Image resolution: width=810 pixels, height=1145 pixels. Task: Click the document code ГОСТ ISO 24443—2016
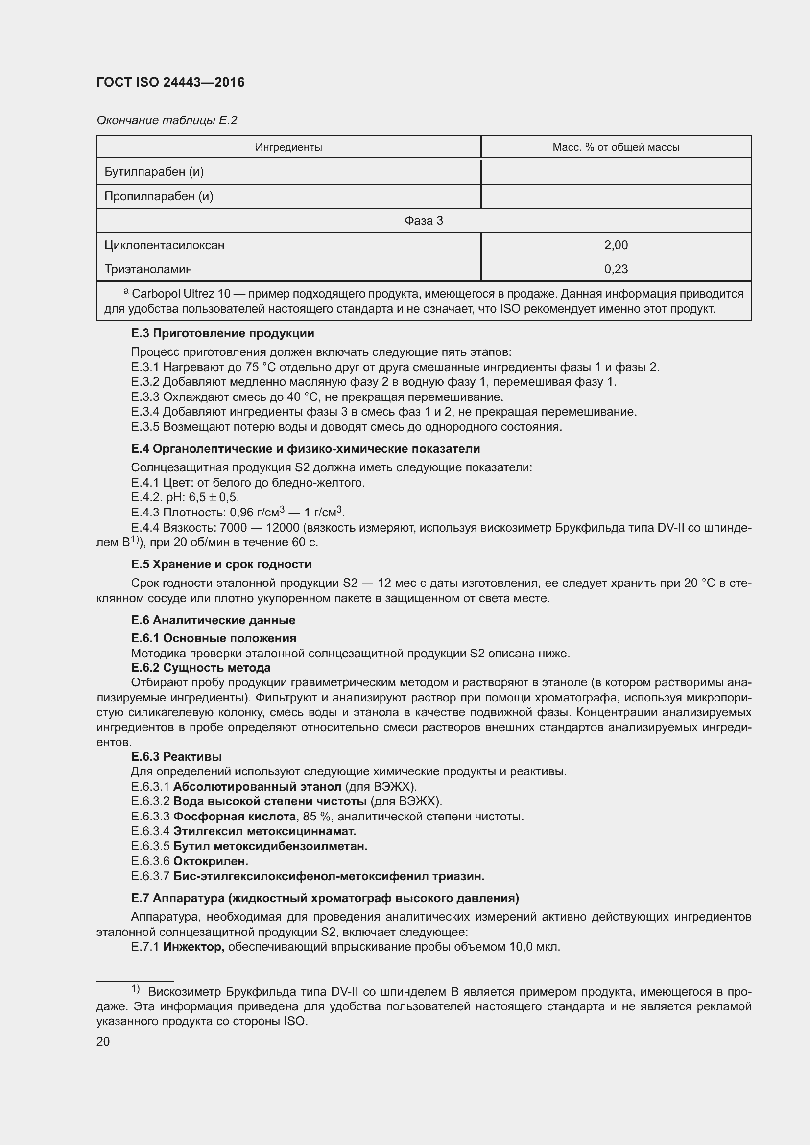[x=170, y=82]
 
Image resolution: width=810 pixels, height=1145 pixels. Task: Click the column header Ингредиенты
[x=288, y=147]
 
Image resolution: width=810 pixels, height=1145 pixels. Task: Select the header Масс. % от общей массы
[x=616, y=147]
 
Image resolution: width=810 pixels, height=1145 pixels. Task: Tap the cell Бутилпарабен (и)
[x=154, y=171]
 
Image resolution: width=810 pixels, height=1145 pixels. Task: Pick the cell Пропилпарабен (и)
[x=159, y=196]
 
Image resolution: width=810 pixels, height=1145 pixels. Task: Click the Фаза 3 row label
[x=424, y=220]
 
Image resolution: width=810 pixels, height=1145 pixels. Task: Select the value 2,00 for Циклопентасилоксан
[x=616, y=245]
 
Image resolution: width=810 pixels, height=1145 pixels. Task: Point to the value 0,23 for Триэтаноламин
[x=616, y=269]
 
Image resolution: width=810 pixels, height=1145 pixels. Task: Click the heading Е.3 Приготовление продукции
[x=222, y=333]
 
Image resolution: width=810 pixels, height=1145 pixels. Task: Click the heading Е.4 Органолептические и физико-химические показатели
[x=305, y=449]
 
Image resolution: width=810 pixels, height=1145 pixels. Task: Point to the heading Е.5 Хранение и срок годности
[x=221, y=564]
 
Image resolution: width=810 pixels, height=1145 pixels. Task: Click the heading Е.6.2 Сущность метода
[x=200, y=667]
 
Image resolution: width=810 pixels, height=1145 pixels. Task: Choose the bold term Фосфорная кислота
[x=235, y=817]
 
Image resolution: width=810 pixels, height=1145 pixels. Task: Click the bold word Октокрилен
[x=211, y=861]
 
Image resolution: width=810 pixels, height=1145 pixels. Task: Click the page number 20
[x=103, y=1041]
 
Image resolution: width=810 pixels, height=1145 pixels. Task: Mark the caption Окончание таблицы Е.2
[x=167, y=120]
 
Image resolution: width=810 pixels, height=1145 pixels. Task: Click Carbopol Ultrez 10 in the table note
[x=181, y=294]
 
